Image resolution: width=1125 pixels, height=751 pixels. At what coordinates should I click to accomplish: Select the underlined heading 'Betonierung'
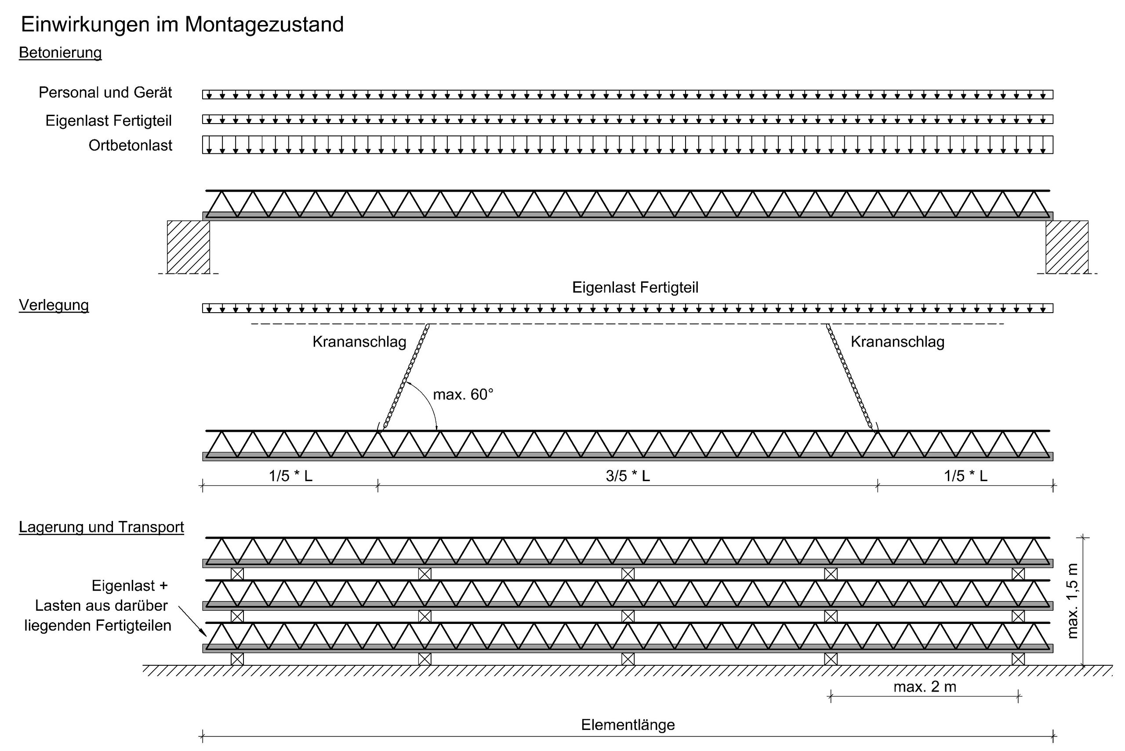pyautogui.click(x=60, y=53)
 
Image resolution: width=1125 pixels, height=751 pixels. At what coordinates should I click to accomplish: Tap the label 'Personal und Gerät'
pyautogui.click(x=105, y=92)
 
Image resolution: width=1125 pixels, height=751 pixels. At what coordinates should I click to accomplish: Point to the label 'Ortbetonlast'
pyautogui.click(x=130, y=145)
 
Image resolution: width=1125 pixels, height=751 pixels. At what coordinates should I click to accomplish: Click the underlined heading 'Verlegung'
pyautogui.click(x=54, y=305)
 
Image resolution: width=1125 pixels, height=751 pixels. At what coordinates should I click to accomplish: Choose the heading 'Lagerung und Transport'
pyautogui.click(x=102, y=527)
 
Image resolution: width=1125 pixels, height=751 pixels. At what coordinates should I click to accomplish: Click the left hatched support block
pyautogui.click(x=188, y=247)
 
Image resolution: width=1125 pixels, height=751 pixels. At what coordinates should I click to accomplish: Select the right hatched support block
pyautogui.click(x=1067, y=247)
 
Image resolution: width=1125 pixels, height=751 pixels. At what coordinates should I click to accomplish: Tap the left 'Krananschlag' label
pyautogui.click(x=359, y=342)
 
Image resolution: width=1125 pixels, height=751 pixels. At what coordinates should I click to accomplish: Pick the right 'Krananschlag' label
pyautogui.click(x=898, y=342)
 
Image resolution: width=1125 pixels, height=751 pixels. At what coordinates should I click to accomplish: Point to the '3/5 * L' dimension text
pyautogui.click(x=628, y=476)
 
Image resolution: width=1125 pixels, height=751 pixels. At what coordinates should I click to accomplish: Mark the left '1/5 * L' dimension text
pyautogui.click(x=290, y=476)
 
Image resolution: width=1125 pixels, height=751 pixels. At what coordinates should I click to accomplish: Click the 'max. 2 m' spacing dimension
pyautogui.click(x=925, y=687)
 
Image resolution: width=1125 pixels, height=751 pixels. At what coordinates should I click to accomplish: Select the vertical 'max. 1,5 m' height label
pyautogui.click(x=1072, y=601)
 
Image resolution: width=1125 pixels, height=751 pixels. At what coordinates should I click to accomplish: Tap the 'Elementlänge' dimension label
pyautogui.click(x=628, y=725)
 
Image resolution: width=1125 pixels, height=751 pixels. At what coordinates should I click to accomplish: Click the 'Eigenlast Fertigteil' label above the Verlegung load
pyautogui.click(x=635, y=288)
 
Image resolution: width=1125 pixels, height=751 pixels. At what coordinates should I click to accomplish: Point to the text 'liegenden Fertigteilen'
pyautogui.click(x=98, y=626)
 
